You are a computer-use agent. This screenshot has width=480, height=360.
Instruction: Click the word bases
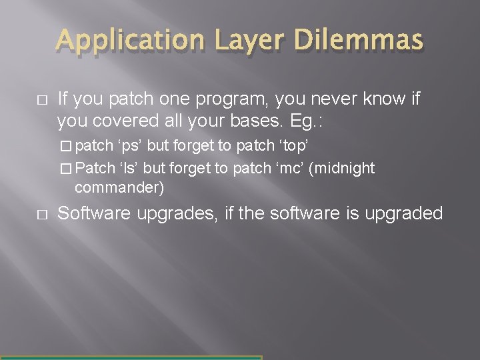click(264, 122)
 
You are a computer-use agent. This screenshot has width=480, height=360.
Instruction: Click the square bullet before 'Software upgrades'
click(39, 214)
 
